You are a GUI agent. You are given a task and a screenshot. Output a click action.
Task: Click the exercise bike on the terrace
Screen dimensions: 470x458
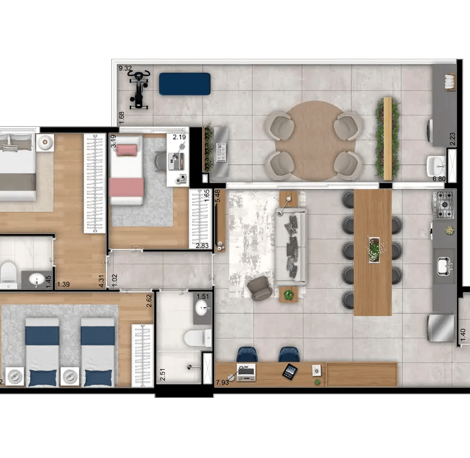coord(139,90)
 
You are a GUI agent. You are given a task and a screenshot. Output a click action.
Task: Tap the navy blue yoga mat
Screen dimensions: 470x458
coord(185,84)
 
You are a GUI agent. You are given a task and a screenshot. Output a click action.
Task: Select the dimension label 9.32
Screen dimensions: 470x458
coord(125,69)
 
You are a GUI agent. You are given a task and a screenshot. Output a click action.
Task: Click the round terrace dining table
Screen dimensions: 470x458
coord(315,141)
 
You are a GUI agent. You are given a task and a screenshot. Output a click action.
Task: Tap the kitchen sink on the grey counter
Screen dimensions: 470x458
coord(444,266)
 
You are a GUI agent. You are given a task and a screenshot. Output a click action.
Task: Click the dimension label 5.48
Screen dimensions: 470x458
coord(218,196)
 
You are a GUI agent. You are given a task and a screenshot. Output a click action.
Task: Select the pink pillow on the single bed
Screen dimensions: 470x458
coord(127,150)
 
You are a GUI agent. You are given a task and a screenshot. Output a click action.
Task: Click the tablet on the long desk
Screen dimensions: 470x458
coord(290,372)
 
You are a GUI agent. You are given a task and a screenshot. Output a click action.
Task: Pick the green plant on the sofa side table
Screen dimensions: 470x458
coord(288,295)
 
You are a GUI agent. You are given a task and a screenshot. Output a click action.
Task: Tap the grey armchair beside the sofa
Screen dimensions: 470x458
coord(259,288)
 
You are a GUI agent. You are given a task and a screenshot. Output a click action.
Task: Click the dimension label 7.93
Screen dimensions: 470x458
coord(222,383)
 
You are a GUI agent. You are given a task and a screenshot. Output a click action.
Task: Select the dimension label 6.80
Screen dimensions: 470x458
coord(439,179)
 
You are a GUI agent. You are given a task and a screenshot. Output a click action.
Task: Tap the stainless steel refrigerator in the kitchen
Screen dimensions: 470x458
coord(441,328)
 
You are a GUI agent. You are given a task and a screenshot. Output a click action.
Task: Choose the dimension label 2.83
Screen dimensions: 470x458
coord(202,246)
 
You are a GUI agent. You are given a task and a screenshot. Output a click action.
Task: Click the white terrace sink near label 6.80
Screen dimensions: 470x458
coord(436,165)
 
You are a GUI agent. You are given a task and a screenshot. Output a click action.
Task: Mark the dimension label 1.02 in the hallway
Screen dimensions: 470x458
coord(114,280)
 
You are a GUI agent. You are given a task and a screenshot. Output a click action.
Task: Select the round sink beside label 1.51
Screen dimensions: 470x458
coord(201,309)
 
